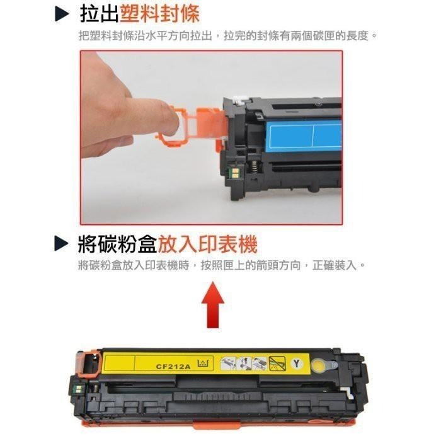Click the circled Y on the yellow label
point(297,363)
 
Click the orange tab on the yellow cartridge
point(88,364)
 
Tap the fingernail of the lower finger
point(123,140)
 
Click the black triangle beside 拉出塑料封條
point(62,14)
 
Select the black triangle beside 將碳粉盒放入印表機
point(62,243)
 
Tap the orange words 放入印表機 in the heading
point(208,243)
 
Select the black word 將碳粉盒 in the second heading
point(117,243)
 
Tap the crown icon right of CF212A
point(203,364)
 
